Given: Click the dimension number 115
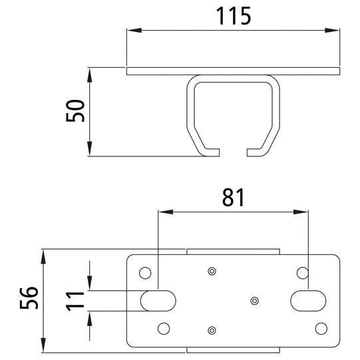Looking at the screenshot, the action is pyautogui.click(x=234, y=15).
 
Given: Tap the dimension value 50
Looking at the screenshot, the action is pyautogui.click(x=75, y=110).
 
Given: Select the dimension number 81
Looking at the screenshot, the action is pyautogui.click(x=233, y=197).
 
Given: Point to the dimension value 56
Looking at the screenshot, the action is pyautogui.click(x=29, y=297).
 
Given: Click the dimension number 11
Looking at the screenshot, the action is pyautogui.click(x=75, y=301).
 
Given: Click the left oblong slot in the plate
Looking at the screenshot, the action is pyautogui.click(x=158, y=301).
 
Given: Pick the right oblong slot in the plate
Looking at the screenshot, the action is pyautogui.click(x=308, y=301).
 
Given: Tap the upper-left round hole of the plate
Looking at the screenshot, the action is pyautogui.click(x=145, y=273).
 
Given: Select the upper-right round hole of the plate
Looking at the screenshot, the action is pyautogui.click(x=303, y=273).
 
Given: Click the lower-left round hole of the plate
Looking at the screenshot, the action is pyautogui.click(x=164, y=329).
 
